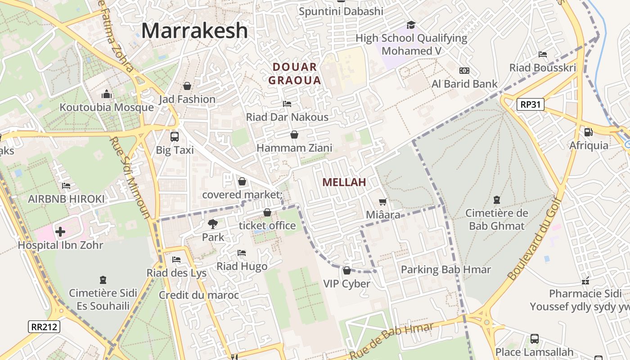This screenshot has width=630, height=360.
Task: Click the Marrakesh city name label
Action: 194,31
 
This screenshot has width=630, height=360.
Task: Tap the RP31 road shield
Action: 530,105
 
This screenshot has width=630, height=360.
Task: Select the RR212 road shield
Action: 45,326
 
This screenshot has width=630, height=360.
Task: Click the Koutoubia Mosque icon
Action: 107,94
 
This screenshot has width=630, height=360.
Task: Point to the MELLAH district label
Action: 344,182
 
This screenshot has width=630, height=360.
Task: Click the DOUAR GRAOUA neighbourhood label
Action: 295,74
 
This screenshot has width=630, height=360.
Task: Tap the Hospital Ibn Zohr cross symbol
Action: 60,232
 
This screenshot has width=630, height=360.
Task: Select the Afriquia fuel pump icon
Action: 588,132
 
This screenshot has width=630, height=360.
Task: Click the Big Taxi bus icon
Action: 175,136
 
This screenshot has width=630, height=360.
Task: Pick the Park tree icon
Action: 212,223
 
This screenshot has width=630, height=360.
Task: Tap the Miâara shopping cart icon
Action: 383,202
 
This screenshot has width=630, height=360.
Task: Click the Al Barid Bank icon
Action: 464,71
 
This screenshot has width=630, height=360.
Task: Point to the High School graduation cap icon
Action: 411,25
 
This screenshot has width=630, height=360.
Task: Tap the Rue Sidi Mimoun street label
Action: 130,178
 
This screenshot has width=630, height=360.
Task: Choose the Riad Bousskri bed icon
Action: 543,54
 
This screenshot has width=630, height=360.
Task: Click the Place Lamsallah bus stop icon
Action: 534,338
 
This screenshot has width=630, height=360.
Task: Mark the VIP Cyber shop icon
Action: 346,270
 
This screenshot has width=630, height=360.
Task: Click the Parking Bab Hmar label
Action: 445,270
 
